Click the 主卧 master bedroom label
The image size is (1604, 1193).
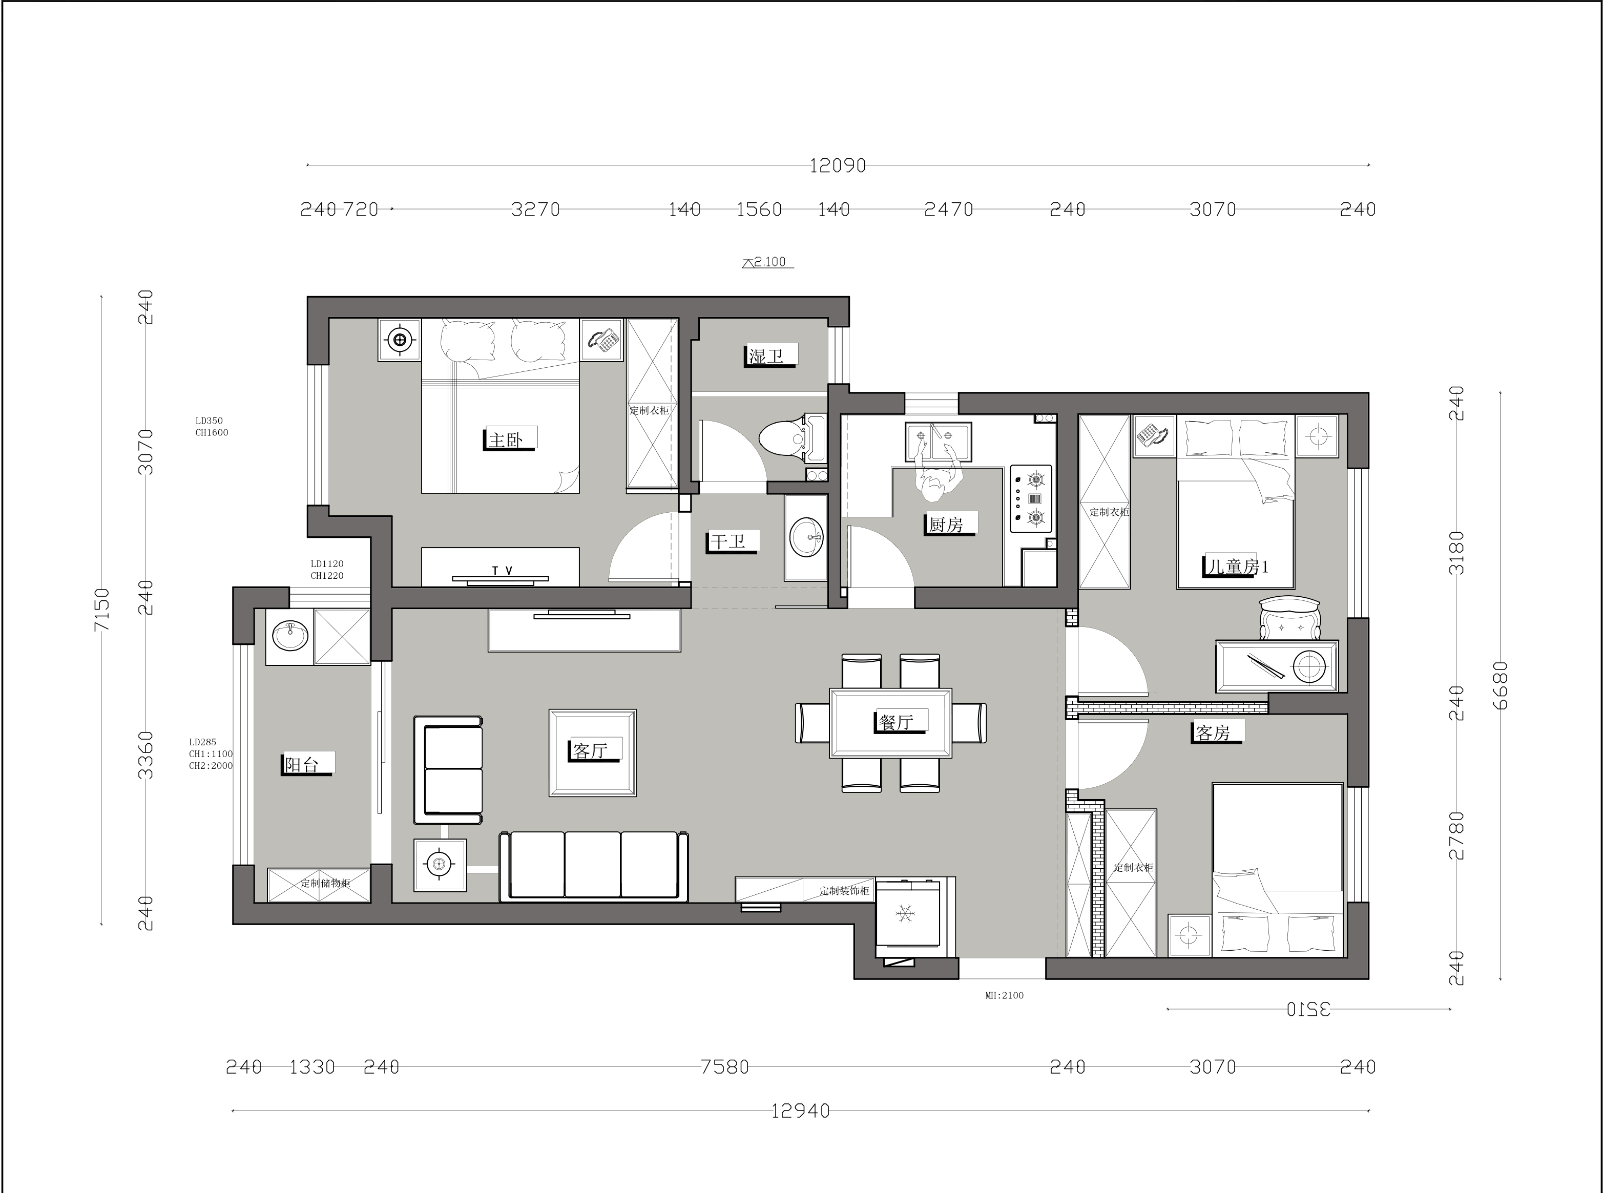click(506, 440)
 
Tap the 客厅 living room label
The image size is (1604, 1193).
click(590, 751)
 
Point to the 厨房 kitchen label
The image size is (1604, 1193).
click(946, 525)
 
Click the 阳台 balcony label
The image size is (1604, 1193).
click(302, 764)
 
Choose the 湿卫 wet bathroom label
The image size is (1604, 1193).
click(766, 356)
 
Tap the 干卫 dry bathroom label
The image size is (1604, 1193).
click(728, 541)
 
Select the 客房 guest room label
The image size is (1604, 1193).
click(1213, 733)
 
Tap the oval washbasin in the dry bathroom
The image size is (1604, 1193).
click(806, 537)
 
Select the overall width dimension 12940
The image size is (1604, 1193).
click(800, 1111)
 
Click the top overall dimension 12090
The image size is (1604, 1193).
click(837, 165)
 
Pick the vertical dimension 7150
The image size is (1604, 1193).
click(102, 610)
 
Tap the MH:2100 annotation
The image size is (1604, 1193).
click(1005, 995)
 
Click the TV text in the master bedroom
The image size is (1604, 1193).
click(502, 571)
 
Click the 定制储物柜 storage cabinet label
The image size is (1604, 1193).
click(326, 883)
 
